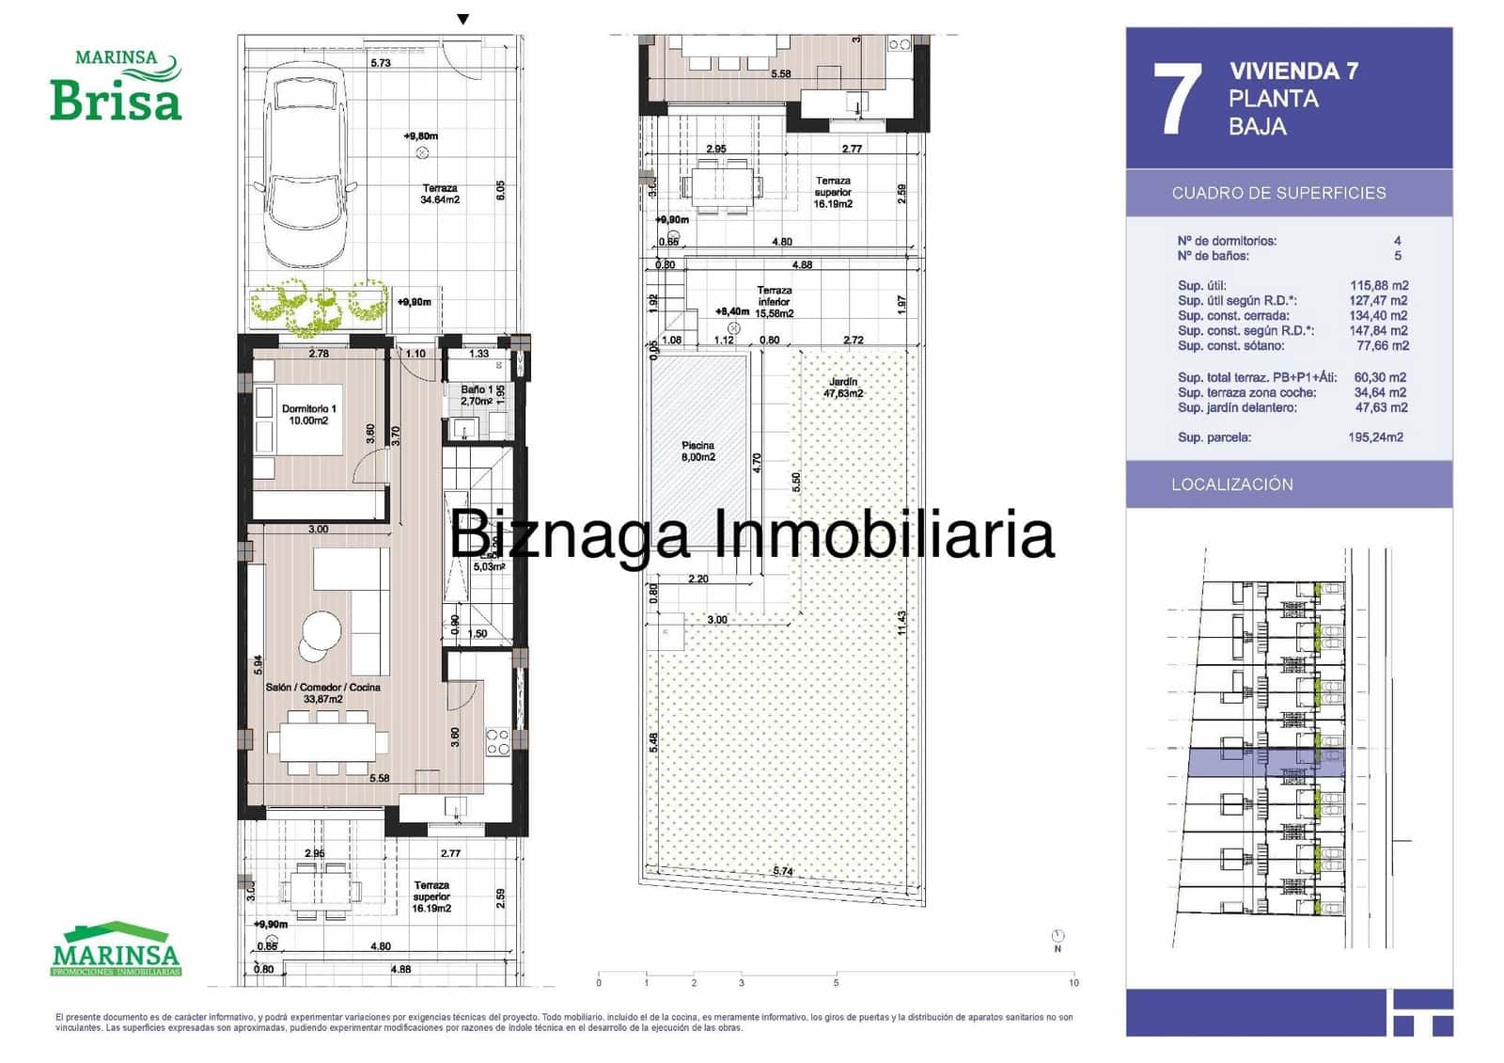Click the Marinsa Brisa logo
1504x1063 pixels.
[x=116, y=87]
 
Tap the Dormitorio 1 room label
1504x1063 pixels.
[x=308, y=415]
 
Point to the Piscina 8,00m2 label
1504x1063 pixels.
[x=698, y=452]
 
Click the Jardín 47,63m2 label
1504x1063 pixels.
[x=843, y=388]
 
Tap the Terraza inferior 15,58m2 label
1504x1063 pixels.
[x=775, y=302]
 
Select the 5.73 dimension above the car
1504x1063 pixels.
[x=381, y=63]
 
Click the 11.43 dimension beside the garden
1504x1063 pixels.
[x=901, y=623]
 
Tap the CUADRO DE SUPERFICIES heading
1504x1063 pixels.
[x=1278, y=193]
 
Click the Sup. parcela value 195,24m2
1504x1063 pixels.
[x=1375, y=437]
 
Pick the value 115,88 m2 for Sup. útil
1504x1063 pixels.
[x=1379, y=285]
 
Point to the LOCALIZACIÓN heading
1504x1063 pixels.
[x=1231, y=484]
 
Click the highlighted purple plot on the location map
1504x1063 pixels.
[x=1265, y=763]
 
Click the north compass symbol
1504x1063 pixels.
[x=1058, y=937]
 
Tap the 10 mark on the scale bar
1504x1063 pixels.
[x=1073, y=983]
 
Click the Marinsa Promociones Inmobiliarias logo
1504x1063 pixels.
[x=116, y=948]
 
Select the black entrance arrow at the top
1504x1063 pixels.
[x=462, y=20]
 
